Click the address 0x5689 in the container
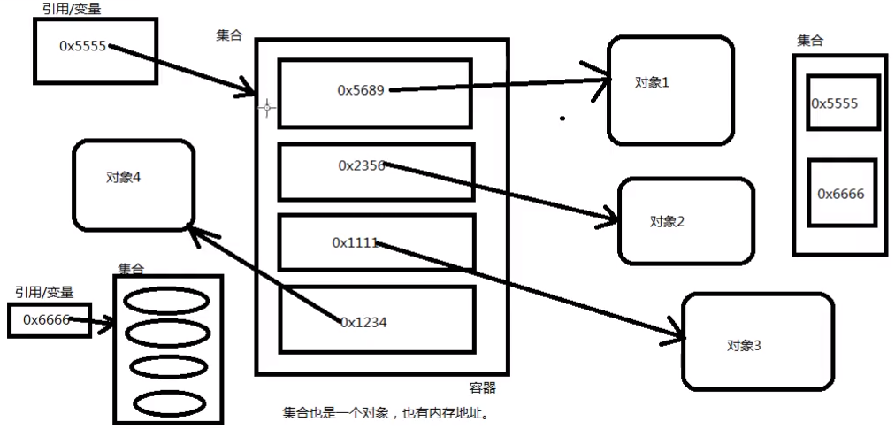tap(361, 90)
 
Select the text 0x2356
tap(361, 165)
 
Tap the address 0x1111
tap(355, 242)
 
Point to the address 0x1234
tap(363, 323)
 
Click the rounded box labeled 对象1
tap(670, 90)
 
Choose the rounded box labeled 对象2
tap(685, 221)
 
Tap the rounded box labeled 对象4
tap(134, 184)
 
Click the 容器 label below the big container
tap(482, 387)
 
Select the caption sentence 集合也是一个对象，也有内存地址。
tap(385, 413)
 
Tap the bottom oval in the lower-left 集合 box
tap(165, 402)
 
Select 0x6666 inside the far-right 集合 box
tap(841, 194)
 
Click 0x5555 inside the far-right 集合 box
tap(836, 103)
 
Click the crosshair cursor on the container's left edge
tap(266, 108)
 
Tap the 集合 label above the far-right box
tap(810, 41)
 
